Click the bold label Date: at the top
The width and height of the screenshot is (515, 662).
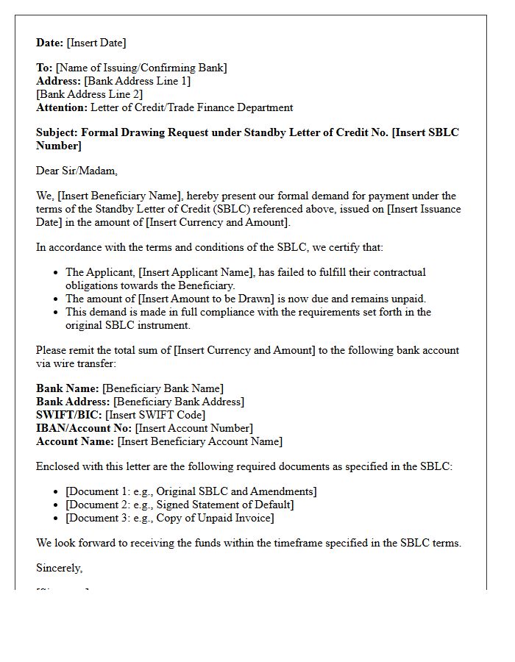(x=50, y=43)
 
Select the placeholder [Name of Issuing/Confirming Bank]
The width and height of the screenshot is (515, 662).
(x=141, y=68)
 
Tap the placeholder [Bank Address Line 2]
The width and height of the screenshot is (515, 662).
(x=89, y=94)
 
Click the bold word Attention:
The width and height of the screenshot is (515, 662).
(x=62, y=107)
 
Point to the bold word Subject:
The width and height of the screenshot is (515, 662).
(x=57, y=132)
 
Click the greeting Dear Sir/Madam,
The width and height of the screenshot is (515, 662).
(x=77, y=171)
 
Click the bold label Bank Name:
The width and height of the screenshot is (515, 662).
(x=68, y=388)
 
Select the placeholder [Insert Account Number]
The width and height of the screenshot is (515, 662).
(x=194, y=428)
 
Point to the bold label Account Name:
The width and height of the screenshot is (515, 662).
(x=75, y=441)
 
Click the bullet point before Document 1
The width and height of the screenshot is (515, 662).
(x=57, y=491)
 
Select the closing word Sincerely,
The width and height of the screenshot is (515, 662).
(x=60, y=568)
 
